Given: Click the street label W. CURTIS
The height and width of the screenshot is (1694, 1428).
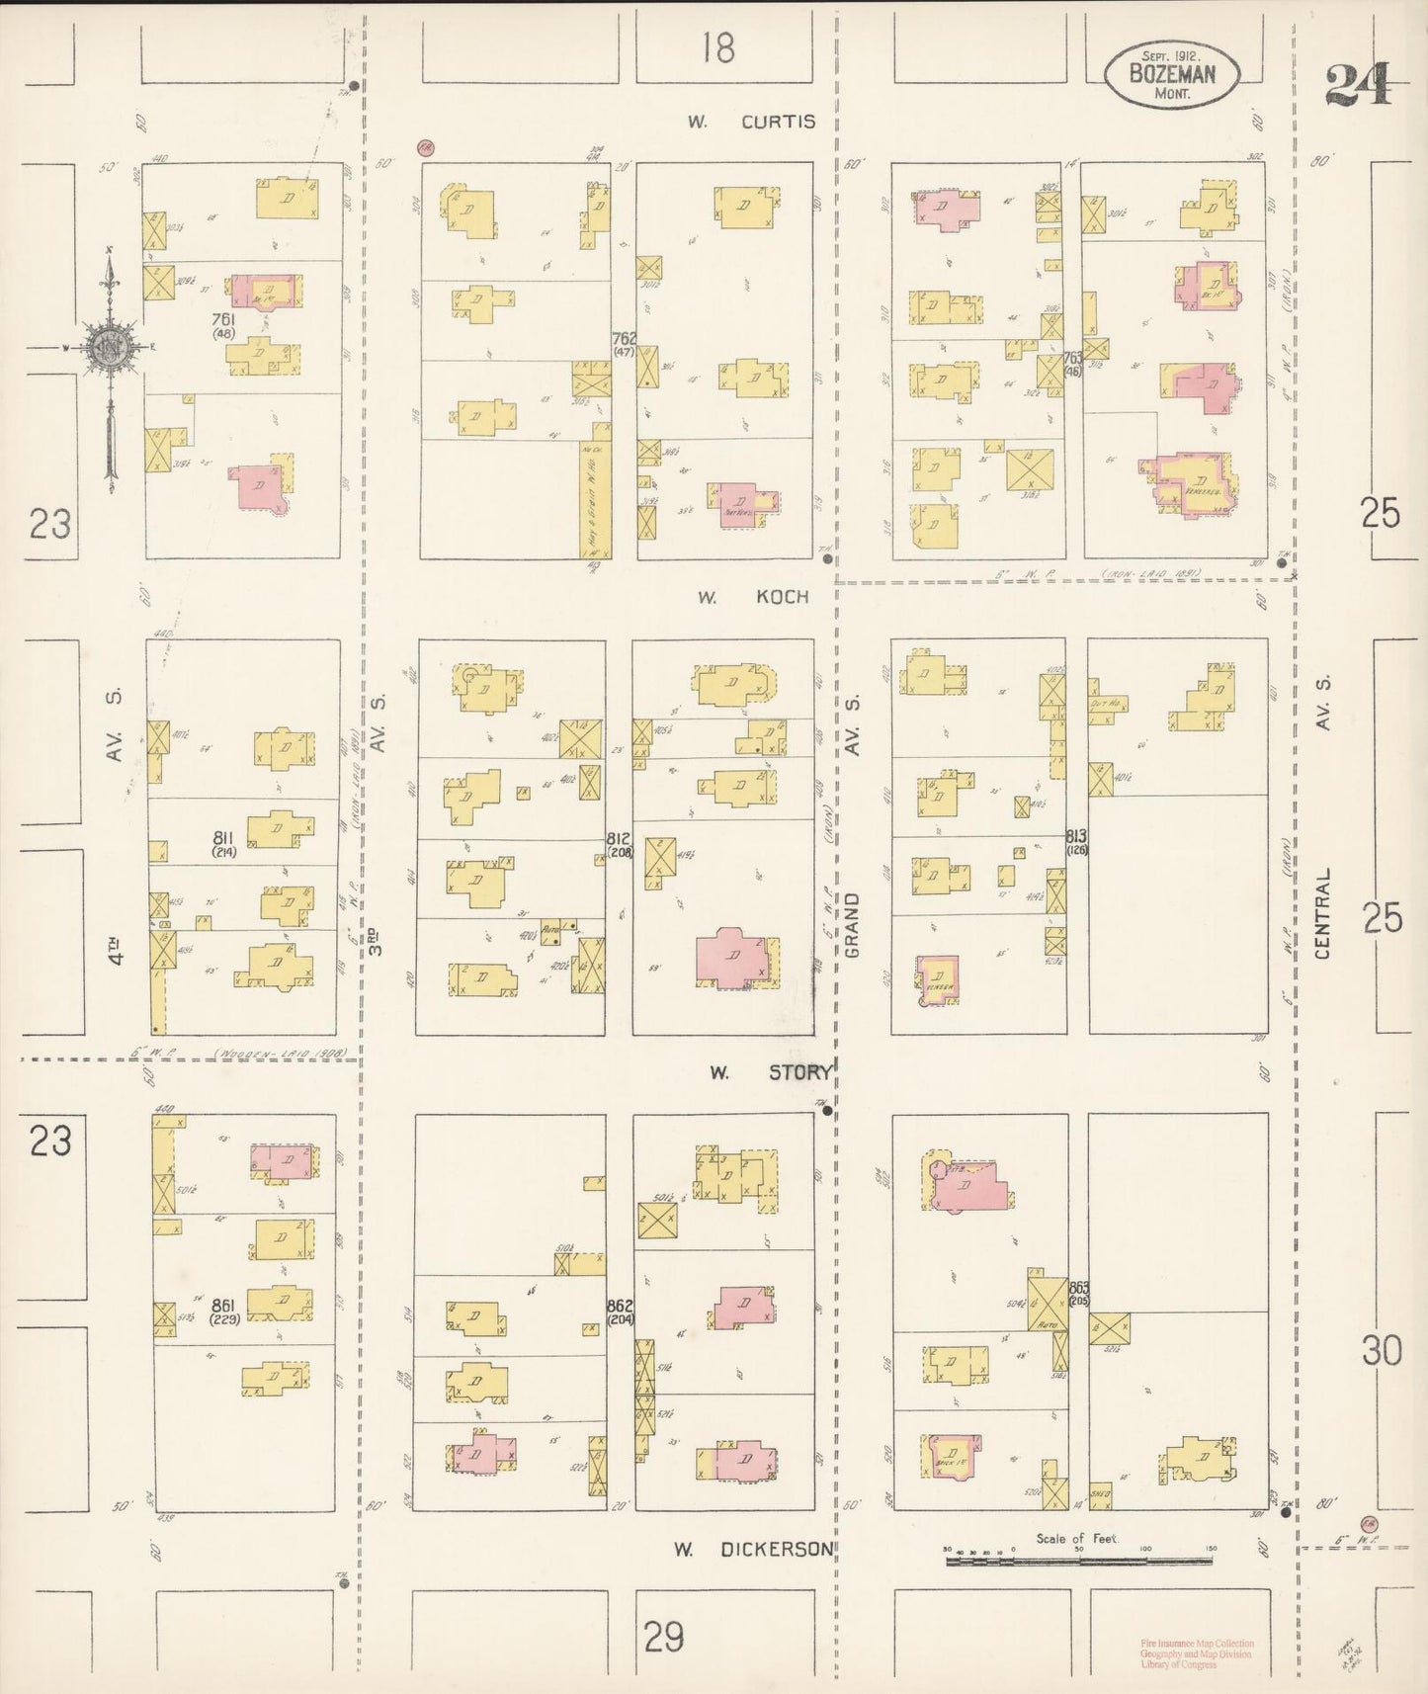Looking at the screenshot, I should (753, 122).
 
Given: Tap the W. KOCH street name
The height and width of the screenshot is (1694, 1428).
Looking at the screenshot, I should (753, 597).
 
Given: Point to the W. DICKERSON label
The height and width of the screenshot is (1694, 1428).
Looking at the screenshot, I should (754, 1549).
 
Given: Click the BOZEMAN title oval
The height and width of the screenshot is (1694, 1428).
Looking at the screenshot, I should (1171, 74).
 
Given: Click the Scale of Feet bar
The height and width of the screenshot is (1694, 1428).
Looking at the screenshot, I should (1077, 1562).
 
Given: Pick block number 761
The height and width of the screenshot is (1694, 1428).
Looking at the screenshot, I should (223, 319).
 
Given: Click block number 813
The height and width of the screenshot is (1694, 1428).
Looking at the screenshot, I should (1076, 836).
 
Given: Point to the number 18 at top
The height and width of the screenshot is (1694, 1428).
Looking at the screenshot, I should (718, 47).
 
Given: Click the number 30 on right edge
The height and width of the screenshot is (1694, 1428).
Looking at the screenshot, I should (1382, 1350).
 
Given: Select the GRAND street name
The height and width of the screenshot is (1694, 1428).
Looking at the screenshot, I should (853, 925).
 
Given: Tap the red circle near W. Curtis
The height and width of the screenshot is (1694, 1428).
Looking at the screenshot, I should (426, 147).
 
